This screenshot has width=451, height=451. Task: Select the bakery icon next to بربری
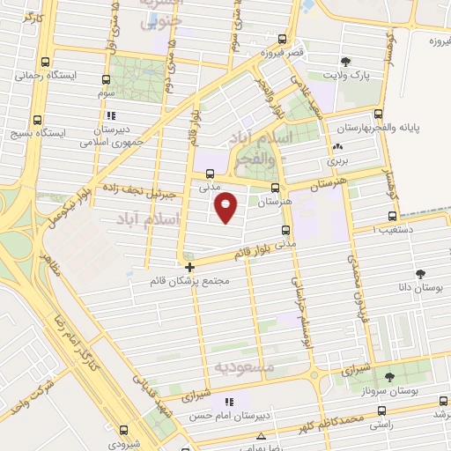tap(338, 146)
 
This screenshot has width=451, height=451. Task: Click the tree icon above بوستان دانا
tap(420, 275)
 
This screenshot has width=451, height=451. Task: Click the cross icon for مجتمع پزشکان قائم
tap(189, 266)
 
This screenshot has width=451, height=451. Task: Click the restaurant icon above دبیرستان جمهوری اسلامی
tap(110, 115)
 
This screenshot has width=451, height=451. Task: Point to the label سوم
tap(107, 92)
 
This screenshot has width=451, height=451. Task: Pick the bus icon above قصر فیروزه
tap(282, 39)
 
